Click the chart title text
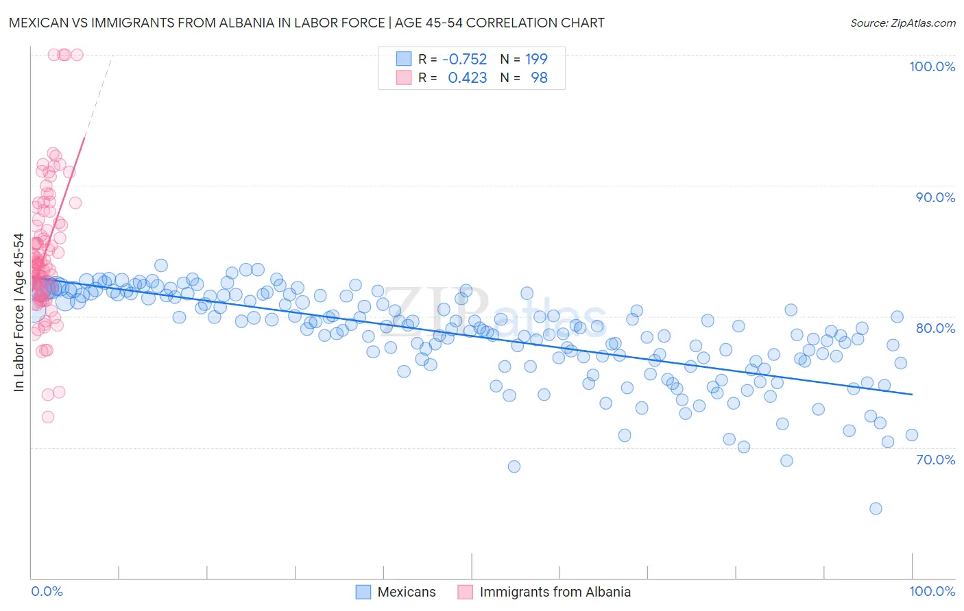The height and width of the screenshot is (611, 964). coord(306,23)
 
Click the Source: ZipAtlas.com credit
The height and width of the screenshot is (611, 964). coord(902,23)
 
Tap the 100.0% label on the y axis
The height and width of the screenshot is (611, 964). coord(932,66)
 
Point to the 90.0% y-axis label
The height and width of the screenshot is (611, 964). coord(935,197)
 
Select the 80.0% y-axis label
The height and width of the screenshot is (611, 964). coord(935,328)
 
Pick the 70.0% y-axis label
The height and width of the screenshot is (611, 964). coord(935,460)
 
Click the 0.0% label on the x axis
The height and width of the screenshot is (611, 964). coord(47,591)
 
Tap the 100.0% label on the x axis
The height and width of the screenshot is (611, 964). coord(932,591)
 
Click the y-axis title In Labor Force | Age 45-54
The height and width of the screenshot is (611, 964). coord(19,312)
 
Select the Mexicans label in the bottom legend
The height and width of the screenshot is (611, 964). coord(407,592)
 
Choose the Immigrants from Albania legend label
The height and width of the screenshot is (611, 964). coord(555,592)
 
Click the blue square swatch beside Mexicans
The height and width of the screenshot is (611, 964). coord(363,592)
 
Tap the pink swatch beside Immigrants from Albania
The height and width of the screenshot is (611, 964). coord(466,592)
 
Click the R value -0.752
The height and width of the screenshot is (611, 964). coord(464,59)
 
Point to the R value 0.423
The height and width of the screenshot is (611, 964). coord(467,78)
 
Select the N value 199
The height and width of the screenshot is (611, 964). coord(536,59)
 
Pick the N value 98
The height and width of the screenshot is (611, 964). coord(539,78)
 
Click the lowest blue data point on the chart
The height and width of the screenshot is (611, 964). coord(876,508)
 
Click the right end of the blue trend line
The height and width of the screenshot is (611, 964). coord(912,394)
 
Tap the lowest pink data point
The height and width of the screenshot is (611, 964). coord(48,417)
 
